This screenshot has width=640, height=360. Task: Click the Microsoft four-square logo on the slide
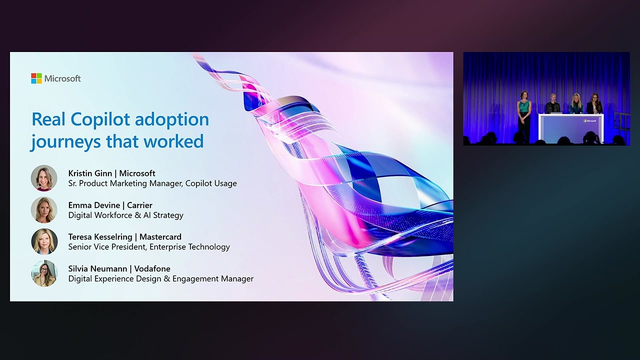(x=36, y=78)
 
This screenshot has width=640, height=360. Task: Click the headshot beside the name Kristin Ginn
(x=44, y=178)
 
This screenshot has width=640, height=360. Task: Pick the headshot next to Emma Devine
(x=44, y=210)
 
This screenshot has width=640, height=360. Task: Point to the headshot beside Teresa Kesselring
(x=44, y=241)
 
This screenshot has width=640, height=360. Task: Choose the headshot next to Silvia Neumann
(x=44, y=273)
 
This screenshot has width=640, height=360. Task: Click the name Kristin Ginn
(x=90, y=173)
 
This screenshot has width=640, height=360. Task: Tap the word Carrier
(x=139, y=205)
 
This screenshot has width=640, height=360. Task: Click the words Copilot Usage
(x=211, y=183)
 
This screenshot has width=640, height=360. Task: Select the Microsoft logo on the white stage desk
(x=590, y=120)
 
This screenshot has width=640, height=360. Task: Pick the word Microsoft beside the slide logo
(x=62, y=78)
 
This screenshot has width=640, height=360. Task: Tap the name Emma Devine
(x=93, y=205)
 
